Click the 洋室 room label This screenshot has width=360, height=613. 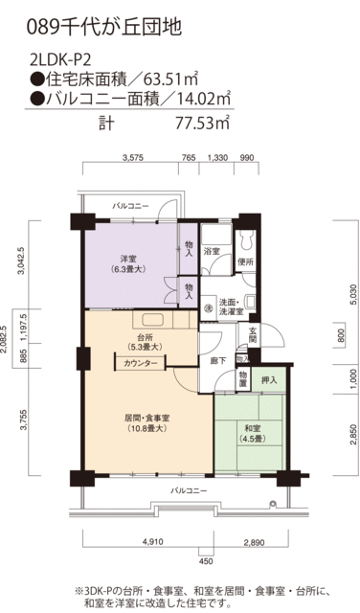point(126,259)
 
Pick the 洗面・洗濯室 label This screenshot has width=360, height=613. point(234,306)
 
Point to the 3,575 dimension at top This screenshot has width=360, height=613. point(133,157)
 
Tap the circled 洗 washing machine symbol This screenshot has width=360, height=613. point(208,307)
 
